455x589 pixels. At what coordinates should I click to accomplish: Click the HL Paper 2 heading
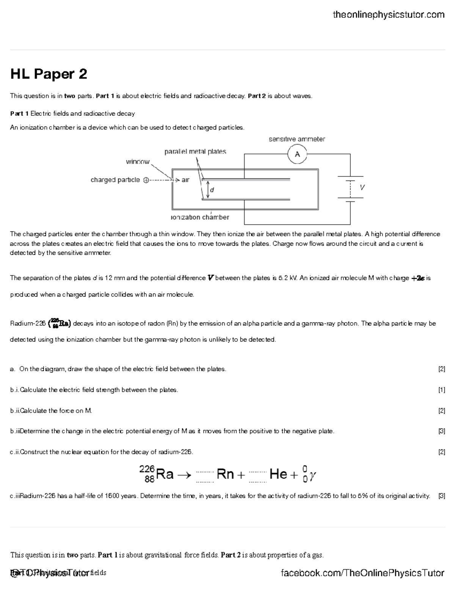click(49, 74)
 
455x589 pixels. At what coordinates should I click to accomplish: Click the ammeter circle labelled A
click(297, 154)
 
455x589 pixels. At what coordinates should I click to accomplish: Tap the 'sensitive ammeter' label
click(297, 139)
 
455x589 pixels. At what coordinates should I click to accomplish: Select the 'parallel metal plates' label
click(195, 152)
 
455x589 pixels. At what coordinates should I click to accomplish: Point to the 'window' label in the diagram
click(138, 162)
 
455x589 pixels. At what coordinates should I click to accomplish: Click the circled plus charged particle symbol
click(146, 180)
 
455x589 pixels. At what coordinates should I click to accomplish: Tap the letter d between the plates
click(212, 190)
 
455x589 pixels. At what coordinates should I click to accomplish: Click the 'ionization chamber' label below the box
click(200, 217)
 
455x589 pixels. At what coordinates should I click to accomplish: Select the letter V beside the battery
click(362, 187)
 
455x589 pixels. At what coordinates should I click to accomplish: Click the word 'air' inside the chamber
click(185, 180)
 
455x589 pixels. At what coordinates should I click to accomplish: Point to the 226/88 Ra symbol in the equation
click(156, 474)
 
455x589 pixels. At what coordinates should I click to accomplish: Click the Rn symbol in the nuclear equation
click(225, 474)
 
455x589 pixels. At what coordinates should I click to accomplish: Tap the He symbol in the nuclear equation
click(278, 474)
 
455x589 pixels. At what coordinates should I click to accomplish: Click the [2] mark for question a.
click(441, 369)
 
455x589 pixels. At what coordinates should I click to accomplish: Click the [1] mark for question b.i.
click(441, 390)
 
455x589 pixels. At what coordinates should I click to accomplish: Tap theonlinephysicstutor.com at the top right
click(388, 15)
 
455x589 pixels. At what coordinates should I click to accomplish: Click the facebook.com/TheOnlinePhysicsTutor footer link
click(362, 573)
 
